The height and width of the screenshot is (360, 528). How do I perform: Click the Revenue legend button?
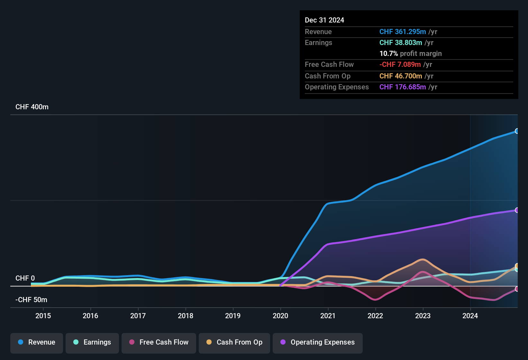pos(37,342)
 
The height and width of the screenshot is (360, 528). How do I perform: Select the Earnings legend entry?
pos(92,342)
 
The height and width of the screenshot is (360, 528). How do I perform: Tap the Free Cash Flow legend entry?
pos(159,342)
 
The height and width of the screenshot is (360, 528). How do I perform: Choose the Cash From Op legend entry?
pos(234,342)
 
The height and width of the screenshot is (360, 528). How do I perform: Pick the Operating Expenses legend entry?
pos(318,342)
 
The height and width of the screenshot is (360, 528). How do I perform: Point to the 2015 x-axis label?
pos(43,316)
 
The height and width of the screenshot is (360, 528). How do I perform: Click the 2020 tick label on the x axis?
pos(280,316)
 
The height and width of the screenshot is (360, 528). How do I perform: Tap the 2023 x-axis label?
pos(423,316)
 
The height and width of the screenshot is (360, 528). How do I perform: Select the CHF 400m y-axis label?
pos(32,107)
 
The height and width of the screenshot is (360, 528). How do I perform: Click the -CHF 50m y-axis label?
pos(31,300)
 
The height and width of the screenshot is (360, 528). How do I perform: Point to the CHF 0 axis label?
pos(25,278)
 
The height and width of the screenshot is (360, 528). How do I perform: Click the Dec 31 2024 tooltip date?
pos(324,20)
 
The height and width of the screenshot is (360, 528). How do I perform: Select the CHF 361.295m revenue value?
pos(403,32)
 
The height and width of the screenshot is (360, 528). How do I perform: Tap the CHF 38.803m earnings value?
pos(401,43)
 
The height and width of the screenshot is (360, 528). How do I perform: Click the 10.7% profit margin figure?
pos(389,54)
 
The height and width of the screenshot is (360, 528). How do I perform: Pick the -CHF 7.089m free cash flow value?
pos(400,65)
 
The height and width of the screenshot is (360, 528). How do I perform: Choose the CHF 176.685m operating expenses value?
pos(403,87)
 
